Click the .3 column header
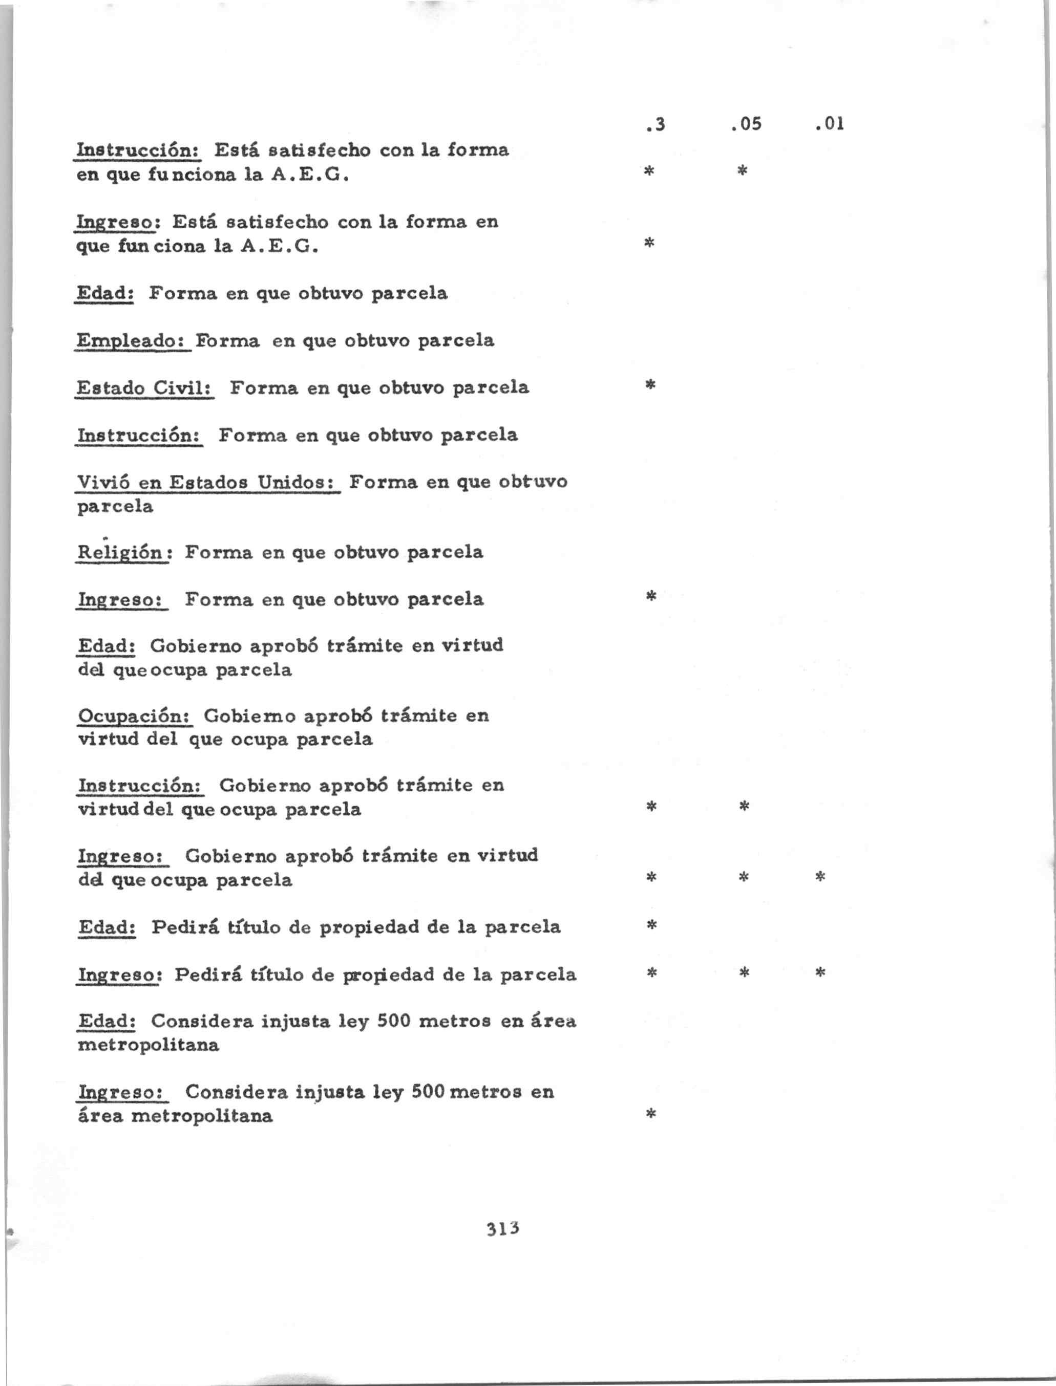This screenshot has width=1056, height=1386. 655,124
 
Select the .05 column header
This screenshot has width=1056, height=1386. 746,124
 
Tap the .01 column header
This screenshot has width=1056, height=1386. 829,124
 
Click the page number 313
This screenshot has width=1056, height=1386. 502,1228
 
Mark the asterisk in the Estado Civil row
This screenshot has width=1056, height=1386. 650,384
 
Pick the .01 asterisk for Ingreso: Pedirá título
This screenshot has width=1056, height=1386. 820,973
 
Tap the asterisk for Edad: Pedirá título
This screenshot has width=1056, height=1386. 652,925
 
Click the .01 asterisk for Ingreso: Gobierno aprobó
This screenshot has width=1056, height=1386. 820,876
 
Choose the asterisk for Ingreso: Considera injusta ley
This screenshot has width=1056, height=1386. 651,1114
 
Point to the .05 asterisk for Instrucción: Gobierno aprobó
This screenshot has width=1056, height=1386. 744,806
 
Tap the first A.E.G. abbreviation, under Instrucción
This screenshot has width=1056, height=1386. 309,175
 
